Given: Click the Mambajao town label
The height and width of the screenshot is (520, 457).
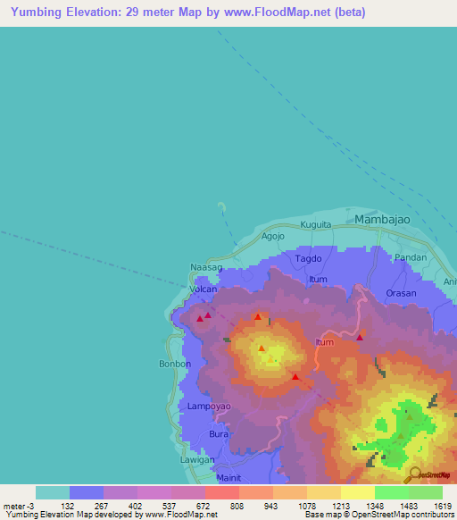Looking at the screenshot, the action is pos(387,219).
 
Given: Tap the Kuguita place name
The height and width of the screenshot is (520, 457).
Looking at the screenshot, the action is pos(316,224).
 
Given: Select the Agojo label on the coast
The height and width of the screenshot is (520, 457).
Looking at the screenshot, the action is pos(273,237).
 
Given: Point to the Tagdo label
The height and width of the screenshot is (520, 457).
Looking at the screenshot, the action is pos(308,258).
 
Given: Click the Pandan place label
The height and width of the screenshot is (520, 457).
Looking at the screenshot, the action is pos(410,257).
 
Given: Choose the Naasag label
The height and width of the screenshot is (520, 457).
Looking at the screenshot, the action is pos(206,267).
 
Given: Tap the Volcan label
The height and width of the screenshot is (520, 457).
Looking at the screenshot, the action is pos(203,290).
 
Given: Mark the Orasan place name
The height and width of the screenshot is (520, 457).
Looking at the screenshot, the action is pos(401,293).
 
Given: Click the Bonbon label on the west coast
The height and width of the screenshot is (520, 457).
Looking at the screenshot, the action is pos(174,365).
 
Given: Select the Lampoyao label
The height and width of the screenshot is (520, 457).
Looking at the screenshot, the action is pos(210,407).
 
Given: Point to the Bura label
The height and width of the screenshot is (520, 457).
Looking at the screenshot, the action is pos(219,433).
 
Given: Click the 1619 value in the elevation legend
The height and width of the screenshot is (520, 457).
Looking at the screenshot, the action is pos(444,506).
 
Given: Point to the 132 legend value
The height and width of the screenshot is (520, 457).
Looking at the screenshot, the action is pos(68,506).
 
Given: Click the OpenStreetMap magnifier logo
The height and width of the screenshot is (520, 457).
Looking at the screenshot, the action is pos(412,474).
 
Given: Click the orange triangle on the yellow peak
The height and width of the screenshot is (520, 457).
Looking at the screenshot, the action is pos(262,348).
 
